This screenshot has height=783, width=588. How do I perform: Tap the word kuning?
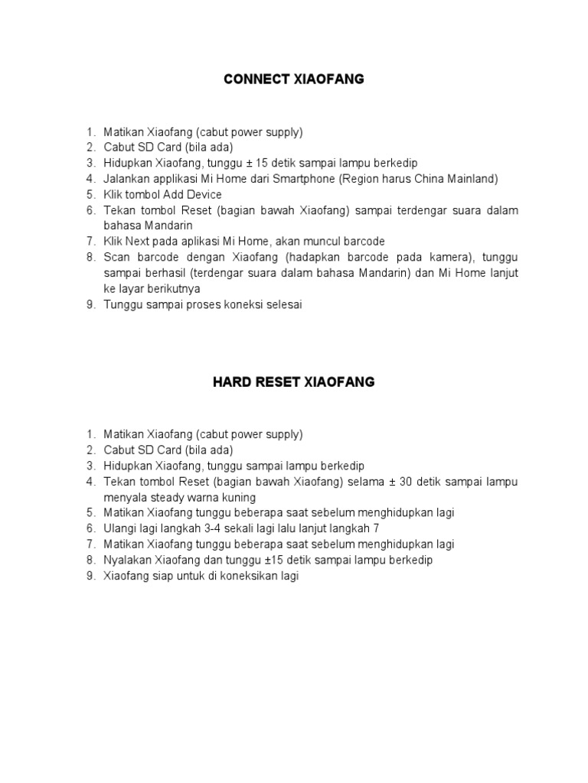[238, 497]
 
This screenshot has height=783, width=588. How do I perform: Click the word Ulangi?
[120, 528]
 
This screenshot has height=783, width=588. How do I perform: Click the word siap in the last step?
[165, 576]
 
